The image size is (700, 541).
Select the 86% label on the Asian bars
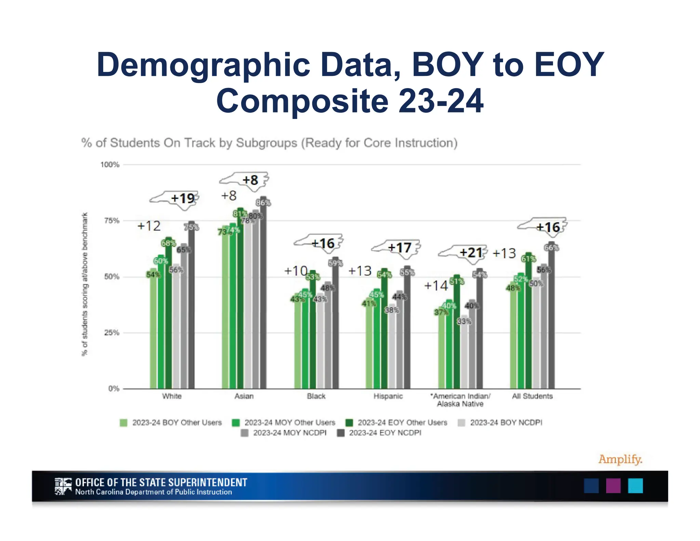tap(263, 203)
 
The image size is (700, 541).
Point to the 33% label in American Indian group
tap(464, 321)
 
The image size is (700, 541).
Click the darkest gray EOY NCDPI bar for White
tap(191, 308)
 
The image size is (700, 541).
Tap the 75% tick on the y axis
tap(111, 221)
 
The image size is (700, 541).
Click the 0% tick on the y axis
tap(113, 388)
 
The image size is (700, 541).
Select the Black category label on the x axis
tap(316, 396)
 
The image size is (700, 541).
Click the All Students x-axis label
tap(532, 396)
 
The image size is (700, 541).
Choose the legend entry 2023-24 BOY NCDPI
tap(506, 422)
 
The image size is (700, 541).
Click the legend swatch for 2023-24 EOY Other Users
tap(349, 423)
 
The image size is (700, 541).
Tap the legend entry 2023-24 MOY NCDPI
tap(290, 433)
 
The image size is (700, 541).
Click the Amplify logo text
tap(620, 459)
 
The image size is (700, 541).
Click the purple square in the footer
tap(613, 486)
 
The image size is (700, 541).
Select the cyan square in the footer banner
tap(635, 486)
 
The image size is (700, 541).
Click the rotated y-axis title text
tap(84, 284)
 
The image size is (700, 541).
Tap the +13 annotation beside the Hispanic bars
tap(360, 271)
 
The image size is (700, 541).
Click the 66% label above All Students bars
tap(551, 248)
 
